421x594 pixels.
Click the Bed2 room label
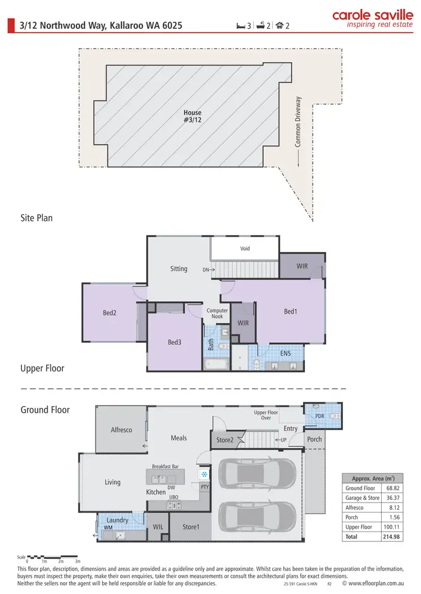(x=109, y=313)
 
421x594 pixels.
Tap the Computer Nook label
(x=217, y=313)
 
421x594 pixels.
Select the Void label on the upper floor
(x=245, y=248)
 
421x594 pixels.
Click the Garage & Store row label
(x=362, y=498)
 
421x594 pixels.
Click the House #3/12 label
(x=192, y=116)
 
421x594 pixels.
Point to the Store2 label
(x=225, y=440)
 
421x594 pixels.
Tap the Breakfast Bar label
(x=165, y=466)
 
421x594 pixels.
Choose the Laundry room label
(x=117, y=520)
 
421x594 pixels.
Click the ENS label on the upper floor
(x=285, y=353)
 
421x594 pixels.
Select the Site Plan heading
(x=36, y=218)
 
